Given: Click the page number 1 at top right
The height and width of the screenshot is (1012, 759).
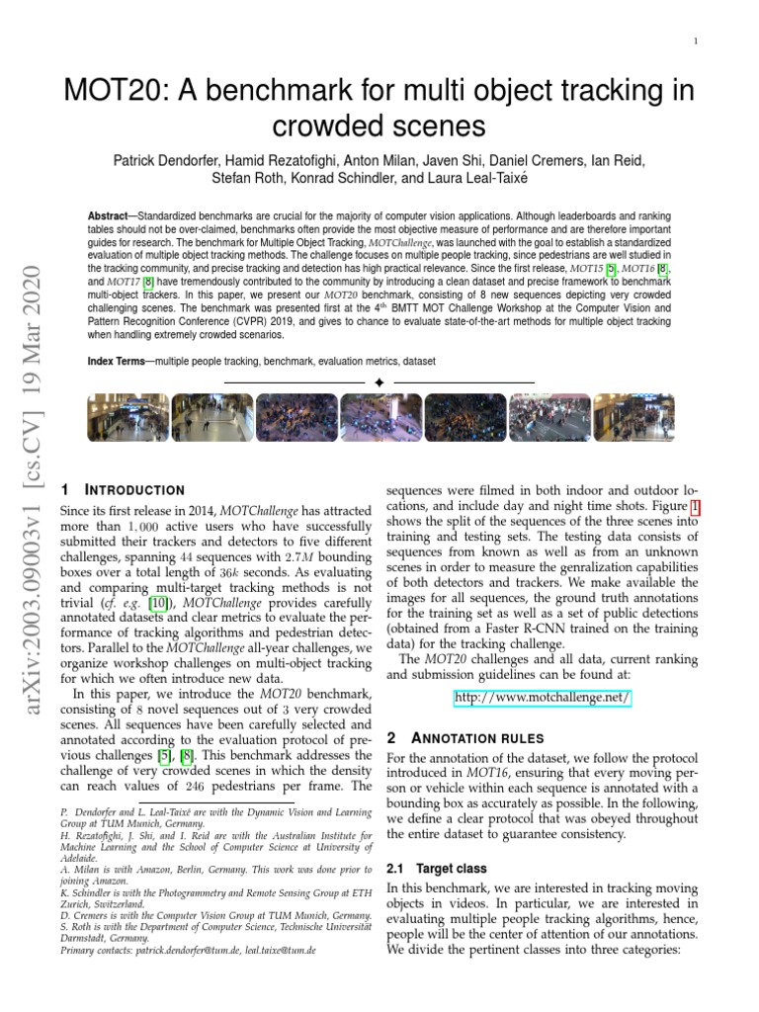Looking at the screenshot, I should (696, 42).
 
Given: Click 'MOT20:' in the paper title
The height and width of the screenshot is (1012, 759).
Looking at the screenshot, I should (106, 92).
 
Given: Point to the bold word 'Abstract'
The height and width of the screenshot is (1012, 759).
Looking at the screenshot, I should (108, 214).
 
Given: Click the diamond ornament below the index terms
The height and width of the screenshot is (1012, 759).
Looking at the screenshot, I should (379, 382).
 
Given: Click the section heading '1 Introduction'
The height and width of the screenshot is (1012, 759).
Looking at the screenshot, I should (123, 490).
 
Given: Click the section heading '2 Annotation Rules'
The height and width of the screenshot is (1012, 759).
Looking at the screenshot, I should (447, 738).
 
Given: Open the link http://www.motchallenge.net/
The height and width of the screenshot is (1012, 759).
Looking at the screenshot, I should (542, 699).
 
